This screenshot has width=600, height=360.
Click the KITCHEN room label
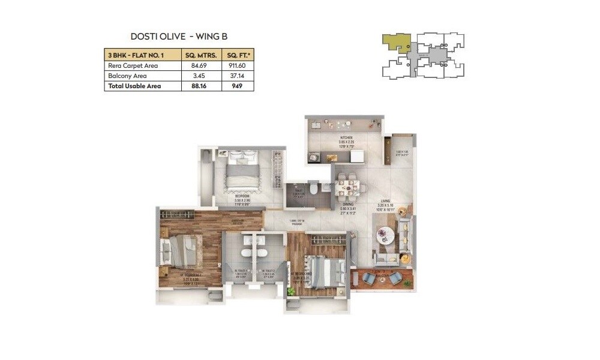coord(345,137)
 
